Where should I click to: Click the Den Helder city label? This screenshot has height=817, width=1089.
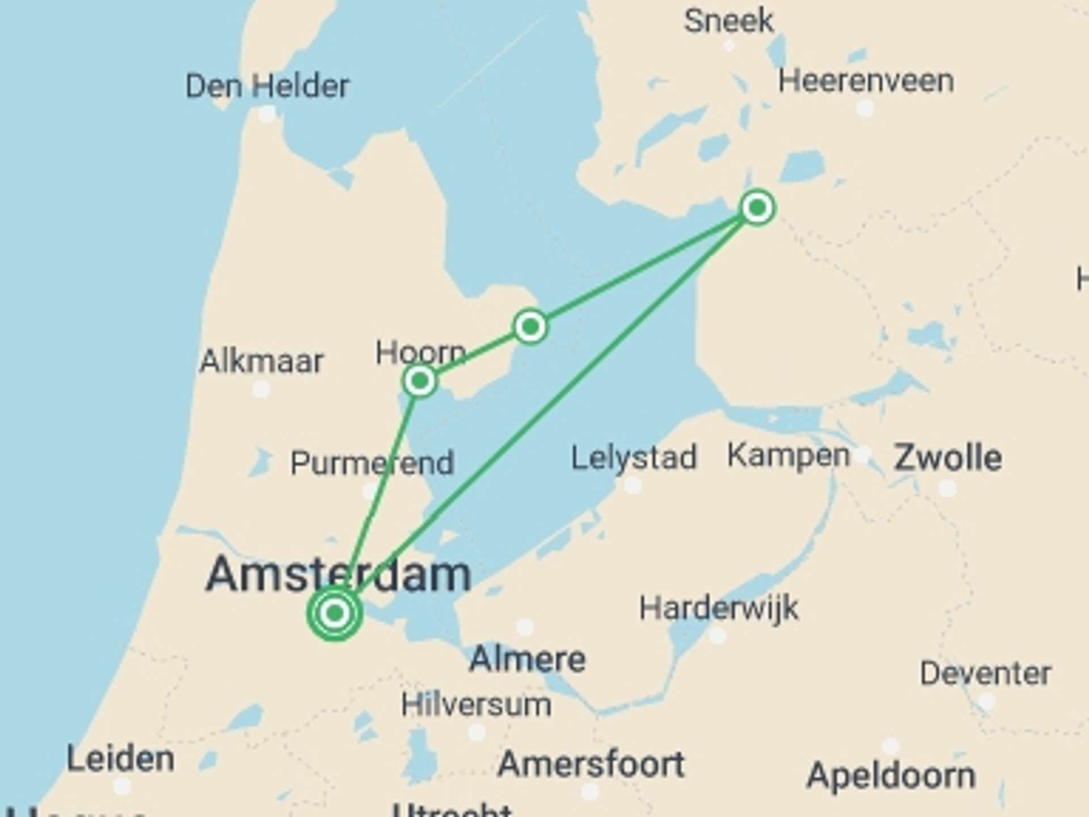pyautogui.click(x=267, y=86)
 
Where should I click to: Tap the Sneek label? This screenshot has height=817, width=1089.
pyautogui.click(x=728, y=21)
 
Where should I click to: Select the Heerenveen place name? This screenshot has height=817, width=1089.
pyautogui.click(x=866, y=81)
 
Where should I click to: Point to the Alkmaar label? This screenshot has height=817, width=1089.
pyautogui.click(x=261, y=361)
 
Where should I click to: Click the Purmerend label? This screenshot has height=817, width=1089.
pyautogui.click(x=372, y=463)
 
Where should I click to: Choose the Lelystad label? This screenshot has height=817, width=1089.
pyautogui.click(x=634, y=457)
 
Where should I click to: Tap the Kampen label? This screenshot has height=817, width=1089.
pyautogui.click(x=788, y=455)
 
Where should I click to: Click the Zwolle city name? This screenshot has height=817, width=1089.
pyautogui.click(x=947, y=457)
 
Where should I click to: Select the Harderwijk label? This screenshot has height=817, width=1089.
pyautogui.click(x=719, y=608)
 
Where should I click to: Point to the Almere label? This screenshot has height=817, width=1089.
pyautogui.click(x=527, y=659)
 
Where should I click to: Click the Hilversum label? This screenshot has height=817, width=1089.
pyautogui.click(x=476, y=705)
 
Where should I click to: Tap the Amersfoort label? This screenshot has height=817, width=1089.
pyautogui.click(x=590, y=764)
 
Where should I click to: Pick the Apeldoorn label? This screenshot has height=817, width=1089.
pyautogui.click(x=890, y=775)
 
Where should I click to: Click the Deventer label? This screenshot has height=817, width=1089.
pyautogui.click(x=985, y=673)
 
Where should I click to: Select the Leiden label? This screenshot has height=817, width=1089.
pyautogui.click(x=120, y=759)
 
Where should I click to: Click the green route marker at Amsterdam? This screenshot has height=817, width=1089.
pyautogui.click(x=335, y=613)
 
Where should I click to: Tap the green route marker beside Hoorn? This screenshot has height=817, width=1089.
pyautogui.click(x=420, y=381)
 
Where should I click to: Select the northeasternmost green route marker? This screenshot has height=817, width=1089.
pyautogui.click(x=757, y=208)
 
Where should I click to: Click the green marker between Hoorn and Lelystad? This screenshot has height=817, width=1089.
pyautogui.click(x=530, y=327)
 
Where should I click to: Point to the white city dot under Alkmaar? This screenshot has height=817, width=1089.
pyautogui.click(x=261, y=389)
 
